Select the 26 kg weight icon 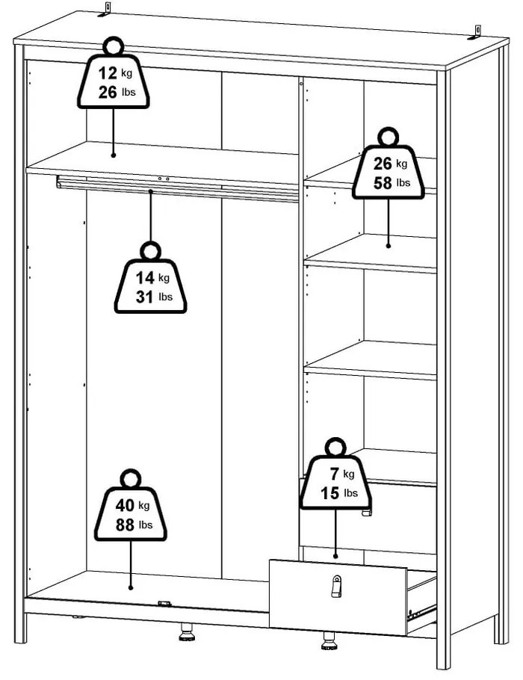pos(388,164)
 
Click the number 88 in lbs pos(125,525)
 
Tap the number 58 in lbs pos(383,183)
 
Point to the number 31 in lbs pos(145,297)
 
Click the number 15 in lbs pos(330,493)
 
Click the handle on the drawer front pos(336,587)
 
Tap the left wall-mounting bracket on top pos(105,10)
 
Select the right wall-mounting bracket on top pos(475,33)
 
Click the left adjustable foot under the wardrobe pos(187,632)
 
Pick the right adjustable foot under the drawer pos(329,641)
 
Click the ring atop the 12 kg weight pos(114,46)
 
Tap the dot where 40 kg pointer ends pos(131,587)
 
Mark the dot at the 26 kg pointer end pos(388,246)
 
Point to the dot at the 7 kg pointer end pos(335,556)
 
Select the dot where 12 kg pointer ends pos(113,155)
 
